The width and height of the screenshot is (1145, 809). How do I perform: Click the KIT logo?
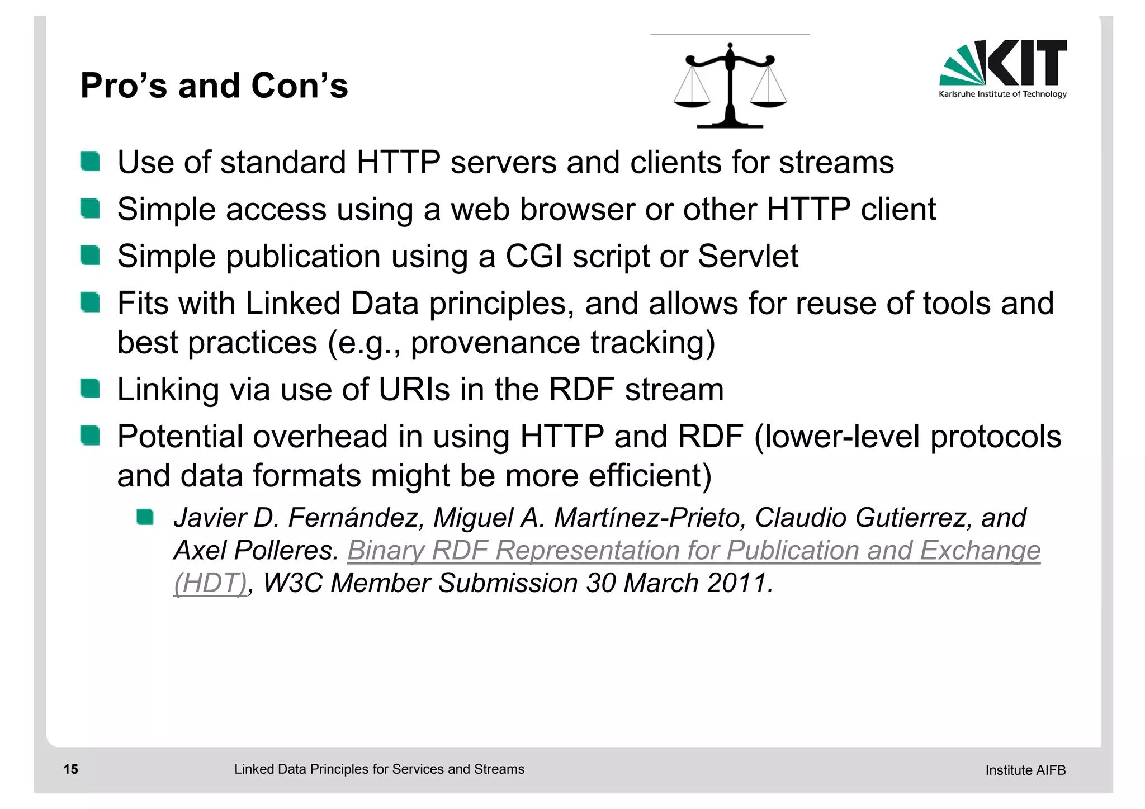click(x=1002, y=68)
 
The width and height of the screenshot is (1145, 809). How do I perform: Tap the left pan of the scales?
click(x=692, y=103)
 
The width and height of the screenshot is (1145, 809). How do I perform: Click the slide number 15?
click(x=71, y=769)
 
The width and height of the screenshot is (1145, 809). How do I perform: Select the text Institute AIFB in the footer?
click(x=1025, y=770)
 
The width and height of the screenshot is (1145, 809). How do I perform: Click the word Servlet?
click(x=747, y=257)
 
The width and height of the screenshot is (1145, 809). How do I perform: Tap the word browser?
click(x=578, y=210)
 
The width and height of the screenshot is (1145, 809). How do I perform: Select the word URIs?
click(x=414, y=390)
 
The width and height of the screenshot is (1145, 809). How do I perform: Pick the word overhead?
click(x=320, y=437)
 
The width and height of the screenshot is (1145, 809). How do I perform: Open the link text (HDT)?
click(x=210, y=583)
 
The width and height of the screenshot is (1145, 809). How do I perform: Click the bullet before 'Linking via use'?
click(x=90, y=389)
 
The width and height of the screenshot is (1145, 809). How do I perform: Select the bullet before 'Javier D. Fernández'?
click(x=145, y=517)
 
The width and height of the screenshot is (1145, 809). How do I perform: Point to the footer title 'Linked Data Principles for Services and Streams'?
click(x=379, y=769)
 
